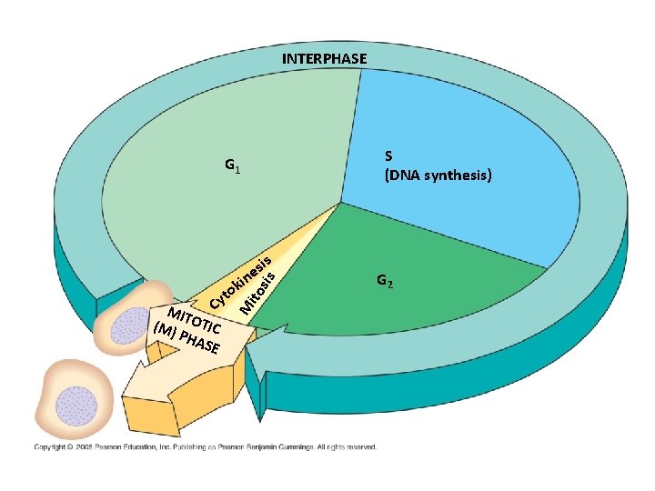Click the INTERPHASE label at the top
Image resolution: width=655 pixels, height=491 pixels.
[x=325, y=59]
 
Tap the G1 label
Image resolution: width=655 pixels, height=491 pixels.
[x=233, y=166]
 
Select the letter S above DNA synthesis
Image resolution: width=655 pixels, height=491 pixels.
[x=389, y=155]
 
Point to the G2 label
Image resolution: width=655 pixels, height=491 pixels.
[x=385, y=282]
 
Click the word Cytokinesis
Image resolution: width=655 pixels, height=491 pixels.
[x=239, y=285]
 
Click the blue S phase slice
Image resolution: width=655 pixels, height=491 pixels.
[x=455, y=127]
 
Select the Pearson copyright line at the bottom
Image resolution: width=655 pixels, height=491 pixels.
[x=205, y=446]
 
